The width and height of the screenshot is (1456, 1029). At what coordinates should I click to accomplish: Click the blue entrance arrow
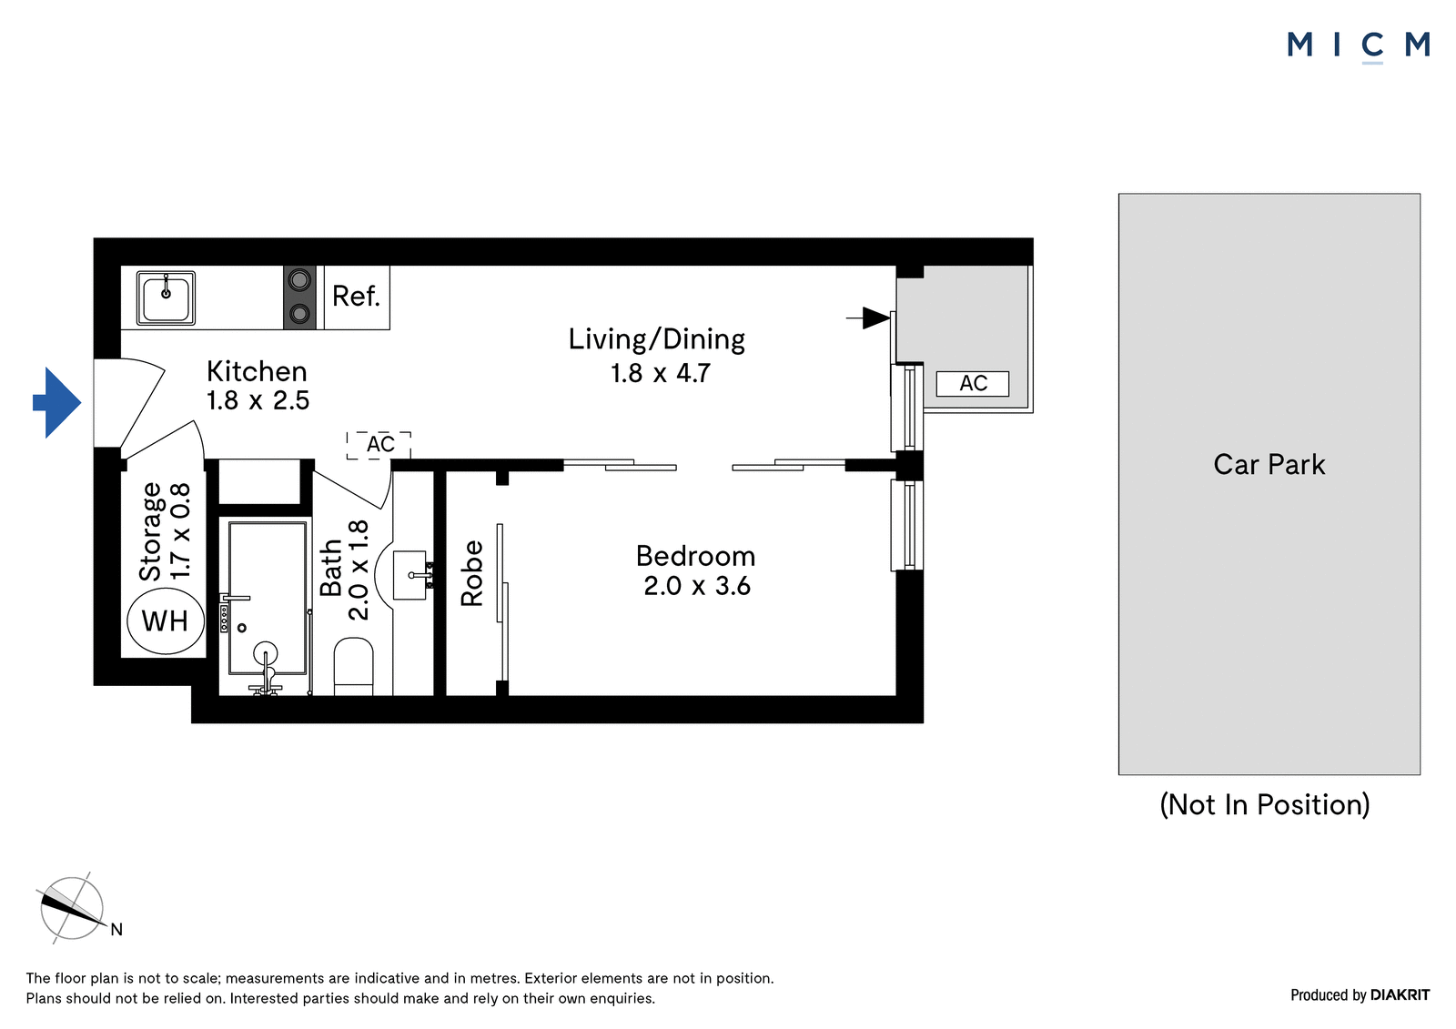(57, 402)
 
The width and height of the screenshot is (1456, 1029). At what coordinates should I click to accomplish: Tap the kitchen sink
(166, 298)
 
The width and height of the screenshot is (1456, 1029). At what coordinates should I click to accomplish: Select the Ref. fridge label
(356, 297)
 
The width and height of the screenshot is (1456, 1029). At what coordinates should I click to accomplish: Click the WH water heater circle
(166, 620)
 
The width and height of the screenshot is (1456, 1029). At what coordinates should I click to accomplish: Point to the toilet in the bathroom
(354, 667)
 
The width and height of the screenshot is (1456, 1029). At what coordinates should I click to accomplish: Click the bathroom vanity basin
(410, 575)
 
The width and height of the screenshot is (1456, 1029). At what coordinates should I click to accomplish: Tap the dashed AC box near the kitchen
(379, 445)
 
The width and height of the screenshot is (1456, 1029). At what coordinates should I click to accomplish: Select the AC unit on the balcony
(973, 384)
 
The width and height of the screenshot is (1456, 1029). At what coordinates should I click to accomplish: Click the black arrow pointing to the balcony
(868, 318)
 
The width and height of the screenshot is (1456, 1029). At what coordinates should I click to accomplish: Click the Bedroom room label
(695, 557)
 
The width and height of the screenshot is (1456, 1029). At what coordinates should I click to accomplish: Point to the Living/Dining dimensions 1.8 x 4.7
(660, 373)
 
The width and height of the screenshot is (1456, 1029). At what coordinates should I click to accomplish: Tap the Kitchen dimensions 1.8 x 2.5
(258, 400)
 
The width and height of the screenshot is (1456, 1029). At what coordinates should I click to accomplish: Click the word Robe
(472, 573)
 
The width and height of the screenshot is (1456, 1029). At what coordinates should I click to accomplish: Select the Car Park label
(1269, 465)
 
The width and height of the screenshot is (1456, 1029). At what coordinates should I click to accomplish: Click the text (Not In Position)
(1265, 805)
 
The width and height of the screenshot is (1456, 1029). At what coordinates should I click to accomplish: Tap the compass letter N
(116, 930)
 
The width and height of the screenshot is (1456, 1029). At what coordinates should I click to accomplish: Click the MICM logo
(1359, 45)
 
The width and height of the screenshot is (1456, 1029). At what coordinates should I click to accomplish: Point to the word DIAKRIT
(1400, 995)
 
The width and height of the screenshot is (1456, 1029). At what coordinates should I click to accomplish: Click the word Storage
(151, 531)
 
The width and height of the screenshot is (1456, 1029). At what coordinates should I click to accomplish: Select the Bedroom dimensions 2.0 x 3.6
(697, 586)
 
